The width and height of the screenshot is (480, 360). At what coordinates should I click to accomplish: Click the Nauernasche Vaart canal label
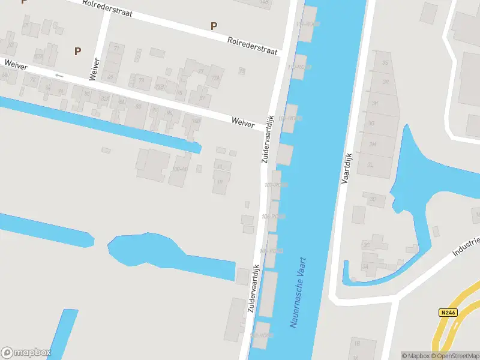[298, 292]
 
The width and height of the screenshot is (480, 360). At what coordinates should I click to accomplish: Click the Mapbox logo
[26, 352]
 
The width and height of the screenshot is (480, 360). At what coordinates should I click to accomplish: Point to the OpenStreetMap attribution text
[457, 356]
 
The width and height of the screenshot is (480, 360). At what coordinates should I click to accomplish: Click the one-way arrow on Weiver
[58, 75]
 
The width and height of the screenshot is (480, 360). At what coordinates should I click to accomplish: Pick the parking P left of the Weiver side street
[77, 51]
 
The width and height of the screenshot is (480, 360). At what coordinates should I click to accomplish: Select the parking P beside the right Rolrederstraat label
[214, 26]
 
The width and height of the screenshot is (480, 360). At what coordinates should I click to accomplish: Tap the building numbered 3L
[372, 164]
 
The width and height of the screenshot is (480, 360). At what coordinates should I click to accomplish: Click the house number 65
[110, 77]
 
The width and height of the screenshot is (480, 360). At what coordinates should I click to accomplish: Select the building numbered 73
[142, 79]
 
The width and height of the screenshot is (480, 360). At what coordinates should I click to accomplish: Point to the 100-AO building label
[180, 169]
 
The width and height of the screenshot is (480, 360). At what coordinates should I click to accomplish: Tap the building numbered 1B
[356, 344]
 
